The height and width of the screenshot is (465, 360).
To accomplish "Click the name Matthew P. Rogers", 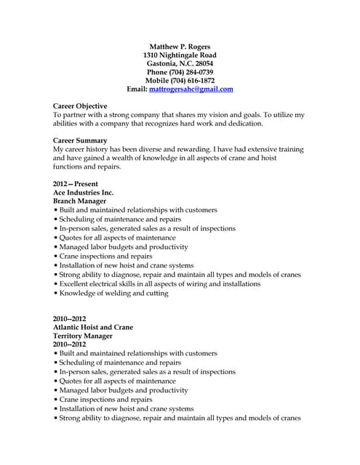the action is pos(180,46).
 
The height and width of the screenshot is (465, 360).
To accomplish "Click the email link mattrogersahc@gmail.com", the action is pos(191,89).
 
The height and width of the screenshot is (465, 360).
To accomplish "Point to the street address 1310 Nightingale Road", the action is pos(180,55).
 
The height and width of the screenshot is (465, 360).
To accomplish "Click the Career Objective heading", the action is pos(80,106).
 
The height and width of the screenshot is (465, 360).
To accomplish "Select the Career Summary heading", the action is pos(80,140).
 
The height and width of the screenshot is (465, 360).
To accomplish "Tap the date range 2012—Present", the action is pos(76,185).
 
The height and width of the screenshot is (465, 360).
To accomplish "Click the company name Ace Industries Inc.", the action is pos(84,193).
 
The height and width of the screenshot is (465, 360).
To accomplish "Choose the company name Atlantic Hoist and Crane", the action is pos(93,328).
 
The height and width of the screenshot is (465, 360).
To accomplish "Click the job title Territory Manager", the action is pos(83,336).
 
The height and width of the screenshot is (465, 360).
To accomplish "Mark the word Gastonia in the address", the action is pos(164,64).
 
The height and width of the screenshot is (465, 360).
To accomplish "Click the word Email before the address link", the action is pos(137,89).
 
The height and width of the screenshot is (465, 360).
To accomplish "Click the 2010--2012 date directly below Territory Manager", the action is pos(70,344).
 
